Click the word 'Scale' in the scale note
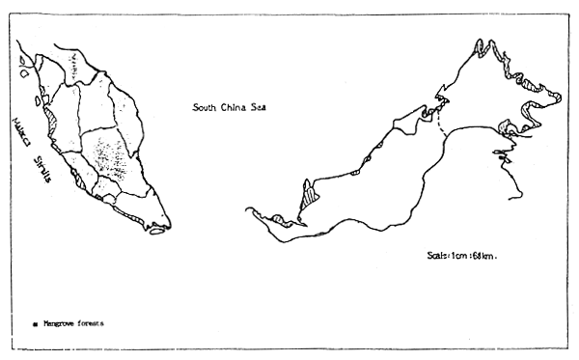[438, 255]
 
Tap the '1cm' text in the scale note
[461, 255]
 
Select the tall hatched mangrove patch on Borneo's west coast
[308, 197]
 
